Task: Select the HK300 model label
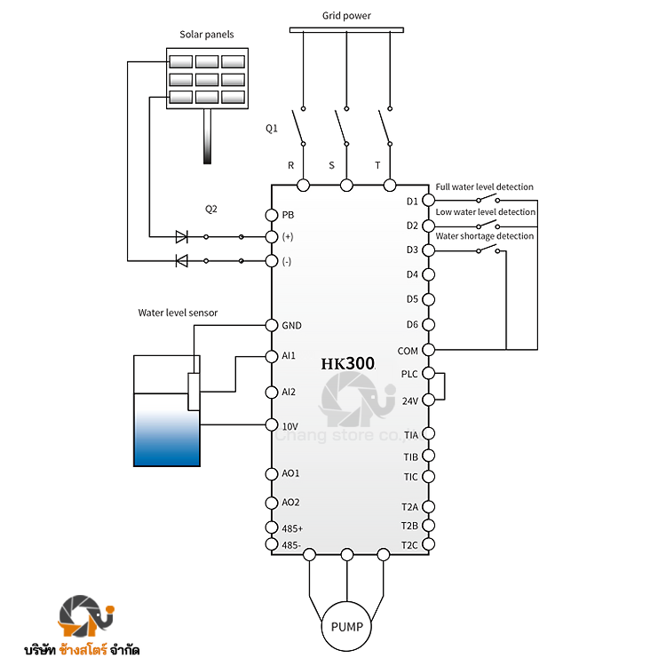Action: click(348, 363)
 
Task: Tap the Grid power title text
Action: click(346, 16)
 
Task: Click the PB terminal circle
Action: click(272, 215)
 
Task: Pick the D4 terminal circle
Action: click(429, 274)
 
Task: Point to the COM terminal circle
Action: click(429, 350)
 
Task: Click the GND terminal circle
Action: click(272, 325)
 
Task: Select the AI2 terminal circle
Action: click(272, 392)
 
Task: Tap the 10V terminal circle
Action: click(272, 424)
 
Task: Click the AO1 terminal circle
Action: click(272, 474)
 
